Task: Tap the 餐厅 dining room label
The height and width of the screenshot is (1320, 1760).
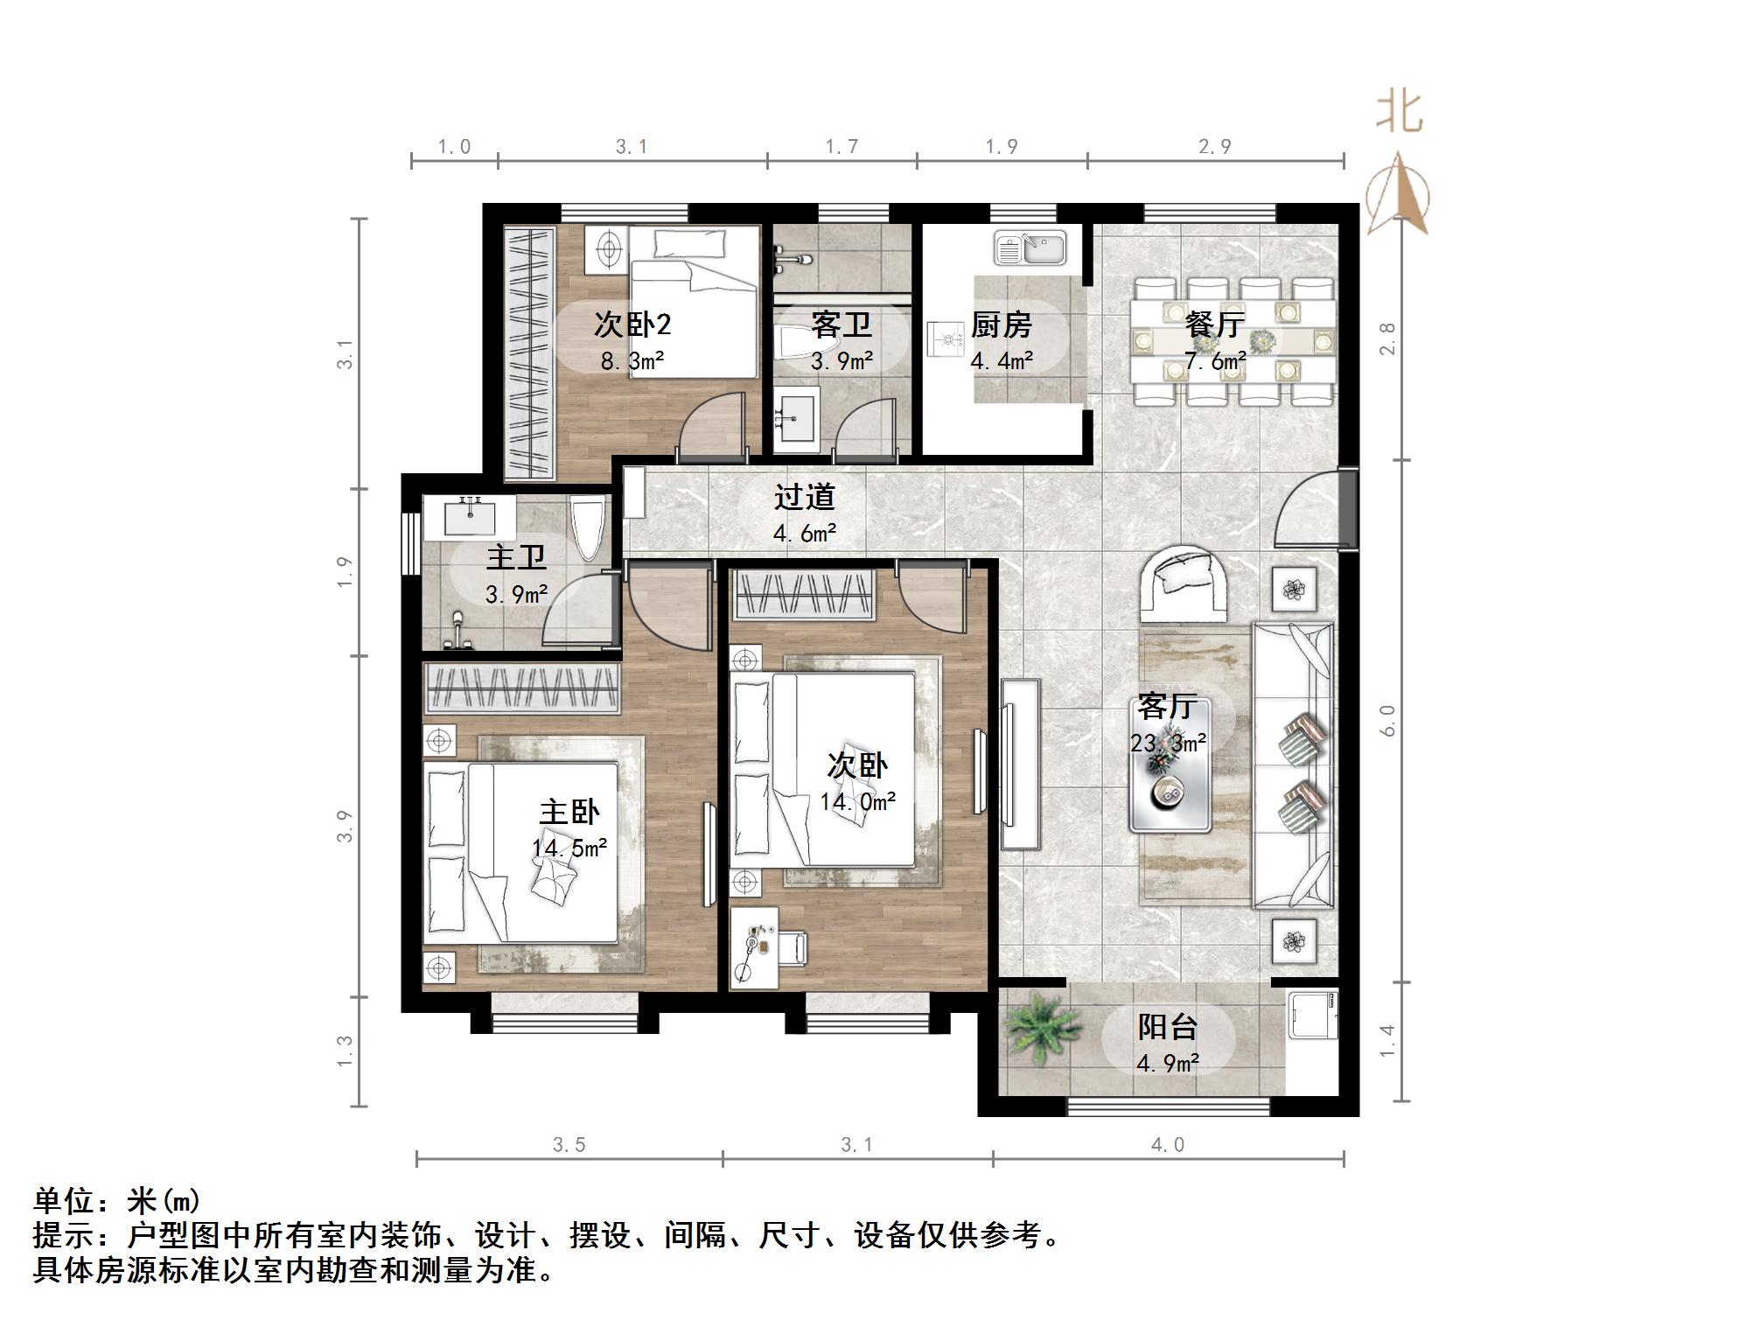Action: click(1215, 325)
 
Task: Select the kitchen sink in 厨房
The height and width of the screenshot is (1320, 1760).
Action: click(1030, 248)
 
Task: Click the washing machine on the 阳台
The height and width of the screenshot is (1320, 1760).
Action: click(1313, 1015)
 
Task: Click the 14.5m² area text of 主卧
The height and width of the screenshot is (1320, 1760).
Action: click(569, 848)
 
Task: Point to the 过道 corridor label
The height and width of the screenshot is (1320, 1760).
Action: click(804, 497)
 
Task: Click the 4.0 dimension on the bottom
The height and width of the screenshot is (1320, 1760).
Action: click(1168, 1145)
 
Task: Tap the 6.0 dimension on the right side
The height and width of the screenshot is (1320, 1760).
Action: click(1388, 721)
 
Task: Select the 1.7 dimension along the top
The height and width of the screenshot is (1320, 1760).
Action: click(842, 147)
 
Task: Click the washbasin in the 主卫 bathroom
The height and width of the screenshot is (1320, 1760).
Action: click(470, 517)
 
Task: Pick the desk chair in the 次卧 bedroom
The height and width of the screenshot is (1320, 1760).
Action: click(792, 949)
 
